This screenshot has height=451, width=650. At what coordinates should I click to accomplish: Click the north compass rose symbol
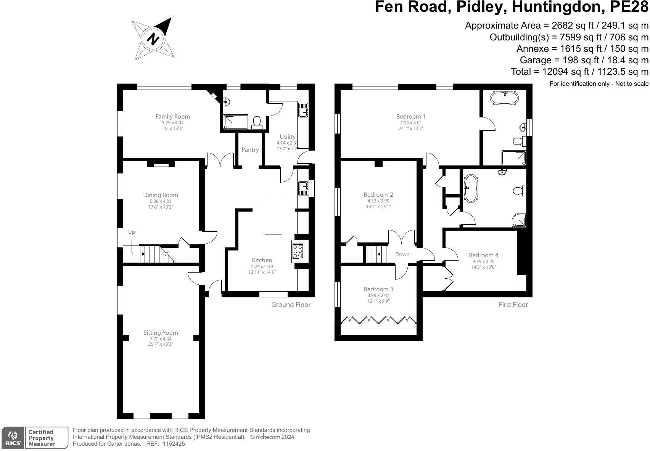pos(153,39)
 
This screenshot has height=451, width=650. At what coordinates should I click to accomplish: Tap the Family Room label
pos(172,117)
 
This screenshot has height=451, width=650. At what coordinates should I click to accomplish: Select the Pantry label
pos(250,150)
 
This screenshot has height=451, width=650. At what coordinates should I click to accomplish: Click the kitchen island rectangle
pos(274,217)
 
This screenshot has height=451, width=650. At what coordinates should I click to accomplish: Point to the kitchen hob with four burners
pos(298,251)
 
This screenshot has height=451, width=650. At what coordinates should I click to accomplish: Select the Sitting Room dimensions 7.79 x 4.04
pos(161,339)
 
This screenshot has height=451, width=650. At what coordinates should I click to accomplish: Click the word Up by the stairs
pos(132,232)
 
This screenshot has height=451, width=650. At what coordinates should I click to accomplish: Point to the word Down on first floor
pos(402,254)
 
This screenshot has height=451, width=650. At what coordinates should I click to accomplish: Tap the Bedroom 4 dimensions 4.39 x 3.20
pos(483,262)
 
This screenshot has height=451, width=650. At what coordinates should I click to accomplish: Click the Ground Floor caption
pos(291,305)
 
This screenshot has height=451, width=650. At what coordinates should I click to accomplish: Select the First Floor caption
pos(513,305)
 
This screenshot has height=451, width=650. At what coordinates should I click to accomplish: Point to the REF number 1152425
pos(174,444)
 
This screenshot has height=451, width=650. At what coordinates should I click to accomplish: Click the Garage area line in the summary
pos(584,60)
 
